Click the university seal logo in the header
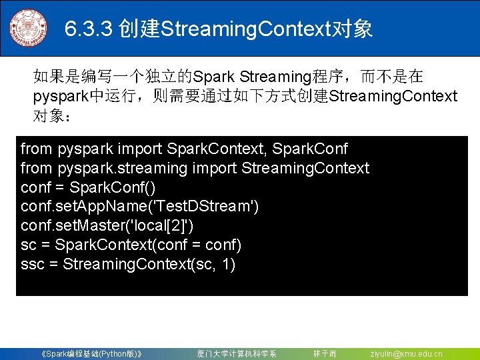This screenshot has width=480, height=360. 29,28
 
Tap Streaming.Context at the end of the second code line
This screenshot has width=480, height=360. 305,168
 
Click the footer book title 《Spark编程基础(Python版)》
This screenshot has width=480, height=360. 91,353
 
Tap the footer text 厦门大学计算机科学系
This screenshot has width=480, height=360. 237,353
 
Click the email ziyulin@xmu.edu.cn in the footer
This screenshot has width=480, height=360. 406,353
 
